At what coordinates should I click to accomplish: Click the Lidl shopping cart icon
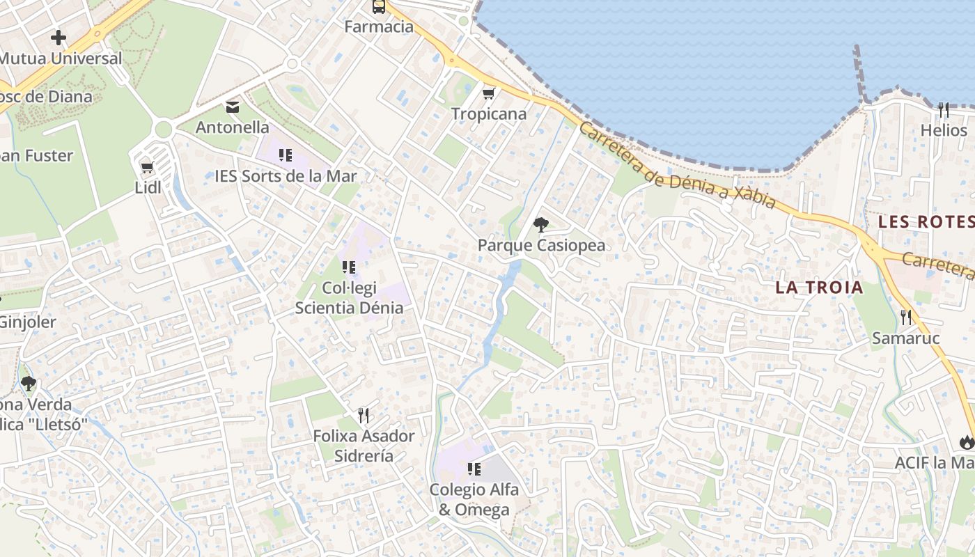(x=147, y=167)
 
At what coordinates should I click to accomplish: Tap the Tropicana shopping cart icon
(x=489, y=93)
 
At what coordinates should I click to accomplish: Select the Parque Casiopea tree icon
(x=540, y=224)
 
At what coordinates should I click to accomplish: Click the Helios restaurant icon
(x=944, y=110)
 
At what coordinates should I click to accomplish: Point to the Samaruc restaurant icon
(x=905, y=317)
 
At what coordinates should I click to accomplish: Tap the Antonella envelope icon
(x=232, y=107)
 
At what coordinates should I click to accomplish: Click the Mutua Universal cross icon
(x=58, y=38)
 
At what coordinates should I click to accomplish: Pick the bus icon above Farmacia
(x=379, y=7)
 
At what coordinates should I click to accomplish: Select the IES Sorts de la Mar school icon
(x=285, y=155)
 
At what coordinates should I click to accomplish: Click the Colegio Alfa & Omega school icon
(x=474, y=469)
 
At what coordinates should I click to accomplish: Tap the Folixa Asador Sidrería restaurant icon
(x=363, y=416)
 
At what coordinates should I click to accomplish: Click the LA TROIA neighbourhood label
(x=819, y=287)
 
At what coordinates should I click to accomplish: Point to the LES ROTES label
(x=926, y=222)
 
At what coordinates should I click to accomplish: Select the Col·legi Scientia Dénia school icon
(x=349, y=267)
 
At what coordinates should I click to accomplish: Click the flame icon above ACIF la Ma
(x=966, y=442)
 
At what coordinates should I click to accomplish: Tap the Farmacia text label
(x=379, y=27)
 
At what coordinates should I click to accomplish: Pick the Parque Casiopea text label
(x=541, y=245)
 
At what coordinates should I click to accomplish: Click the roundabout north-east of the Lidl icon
(x=164, y=129)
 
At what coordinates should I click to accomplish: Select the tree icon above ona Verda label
(x=28, y=383)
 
